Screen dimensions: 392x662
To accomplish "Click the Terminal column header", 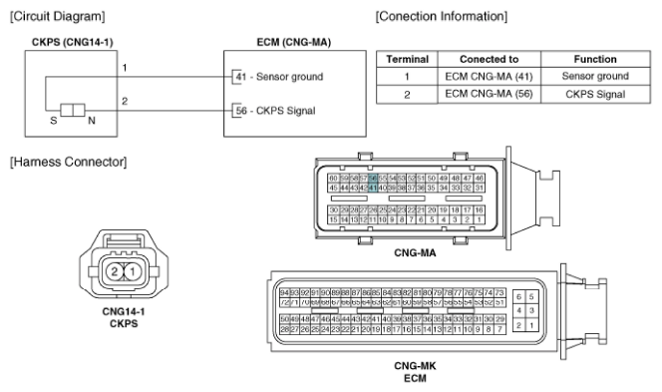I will coord(407,59).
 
